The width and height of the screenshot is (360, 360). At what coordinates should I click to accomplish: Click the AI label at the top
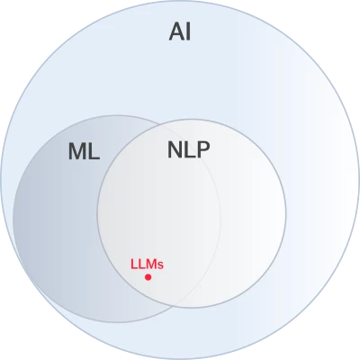click(180, 31)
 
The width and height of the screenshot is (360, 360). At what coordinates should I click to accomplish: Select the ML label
click(84, 151)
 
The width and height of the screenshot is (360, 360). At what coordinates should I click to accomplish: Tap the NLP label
click(189, 149)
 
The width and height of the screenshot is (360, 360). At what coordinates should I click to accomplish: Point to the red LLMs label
click(147, 265)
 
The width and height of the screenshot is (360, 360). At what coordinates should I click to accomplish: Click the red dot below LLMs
click(148, 277)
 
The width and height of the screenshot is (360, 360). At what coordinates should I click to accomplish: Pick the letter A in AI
click(176, 31)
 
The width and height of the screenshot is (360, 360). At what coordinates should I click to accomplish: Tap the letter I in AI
click(188, 31)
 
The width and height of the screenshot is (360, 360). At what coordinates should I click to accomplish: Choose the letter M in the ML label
click(77, 151)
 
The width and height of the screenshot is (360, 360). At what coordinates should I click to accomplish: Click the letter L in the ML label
click(94, 151)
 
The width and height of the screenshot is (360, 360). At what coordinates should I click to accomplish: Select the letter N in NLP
click(175, 149)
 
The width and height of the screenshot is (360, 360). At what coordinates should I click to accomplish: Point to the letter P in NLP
click(203, 149)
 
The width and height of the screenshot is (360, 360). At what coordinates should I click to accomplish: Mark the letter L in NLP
click(190, 149)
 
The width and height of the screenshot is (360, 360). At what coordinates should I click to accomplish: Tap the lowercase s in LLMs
click(161, 265)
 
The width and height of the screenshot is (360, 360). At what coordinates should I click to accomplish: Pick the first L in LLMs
click(133, 265)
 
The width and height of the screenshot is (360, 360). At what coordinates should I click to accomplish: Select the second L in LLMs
click(140, 265)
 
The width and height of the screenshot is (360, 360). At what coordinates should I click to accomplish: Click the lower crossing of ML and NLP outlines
click(173, 306)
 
